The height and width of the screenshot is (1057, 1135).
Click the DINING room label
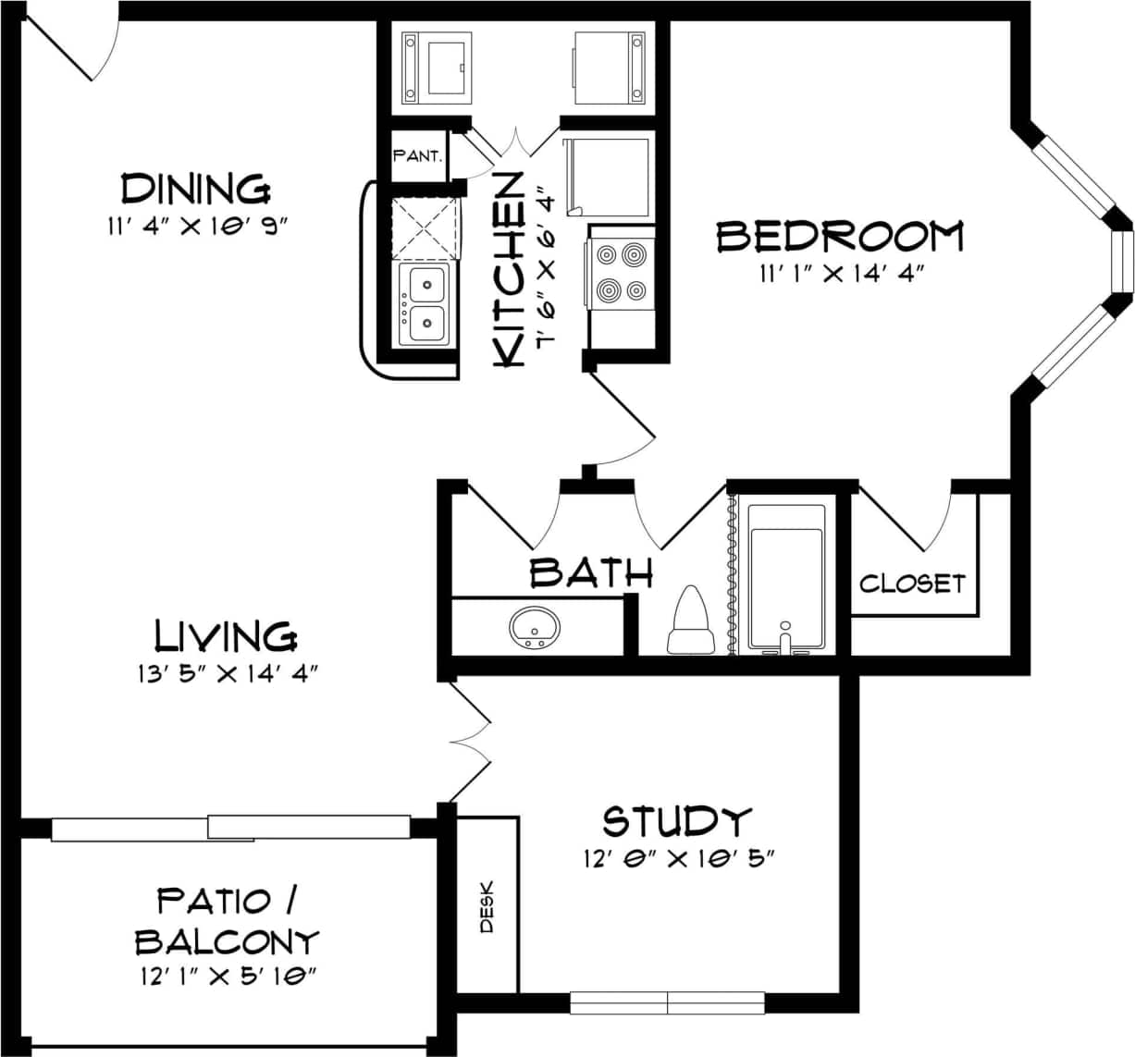click(x=196, y=189)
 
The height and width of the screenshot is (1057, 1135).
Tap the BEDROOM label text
click(x=840, y=237)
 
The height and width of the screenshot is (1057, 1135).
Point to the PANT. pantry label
click(x=418, y=155)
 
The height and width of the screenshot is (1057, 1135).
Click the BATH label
click(x=591, y=573)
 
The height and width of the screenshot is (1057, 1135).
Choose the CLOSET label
click(x=912, y=584)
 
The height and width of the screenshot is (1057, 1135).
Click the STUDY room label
click(x=677, y=821)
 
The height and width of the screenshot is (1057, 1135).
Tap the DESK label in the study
click(x=487, y=905)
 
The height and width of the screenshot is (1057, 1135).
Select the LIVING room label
click(x=225, y=636)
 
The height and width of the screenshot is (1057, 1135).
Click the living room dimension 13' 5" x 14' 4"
click(x=227, y=674)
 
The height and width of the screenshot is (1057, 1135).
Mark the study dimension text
click(x=678, y=859)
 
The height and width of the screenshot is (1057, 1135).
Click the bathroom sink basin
click(x=535, y=628)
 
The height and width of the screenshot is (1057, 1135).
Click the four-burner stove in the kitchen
click(x=620, y=272)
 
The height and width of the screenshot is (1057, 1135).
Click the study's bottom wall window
click(x=668, y=1003)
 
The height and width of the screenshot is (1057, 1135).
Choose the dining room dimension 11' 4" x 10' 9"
click(x=198, y=227)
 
